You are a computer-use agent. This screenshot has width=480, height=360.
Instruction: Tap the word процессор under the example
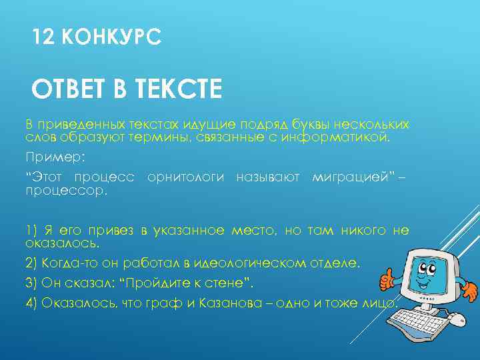pyautogui.click(x=65, y=191)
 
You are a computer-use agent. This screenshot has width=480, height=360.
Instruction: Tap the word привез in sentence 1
pyautogui.click(x=112, y=231)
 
